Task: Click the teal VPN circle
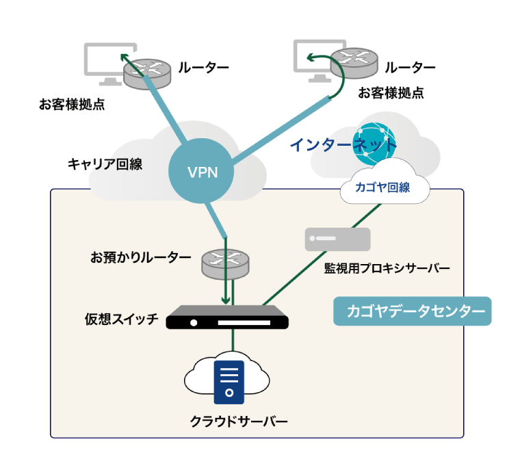click(203, 171)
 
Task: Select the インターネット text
click(342, 145)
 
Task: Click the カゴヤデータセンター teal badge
click(412, 311)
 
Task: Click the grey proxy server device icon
click(337, 239)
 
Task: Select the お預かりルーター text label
click(141, 258)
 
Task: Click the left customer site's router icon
click(147, 69)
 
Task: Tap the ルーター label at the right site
click(410, 68)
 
